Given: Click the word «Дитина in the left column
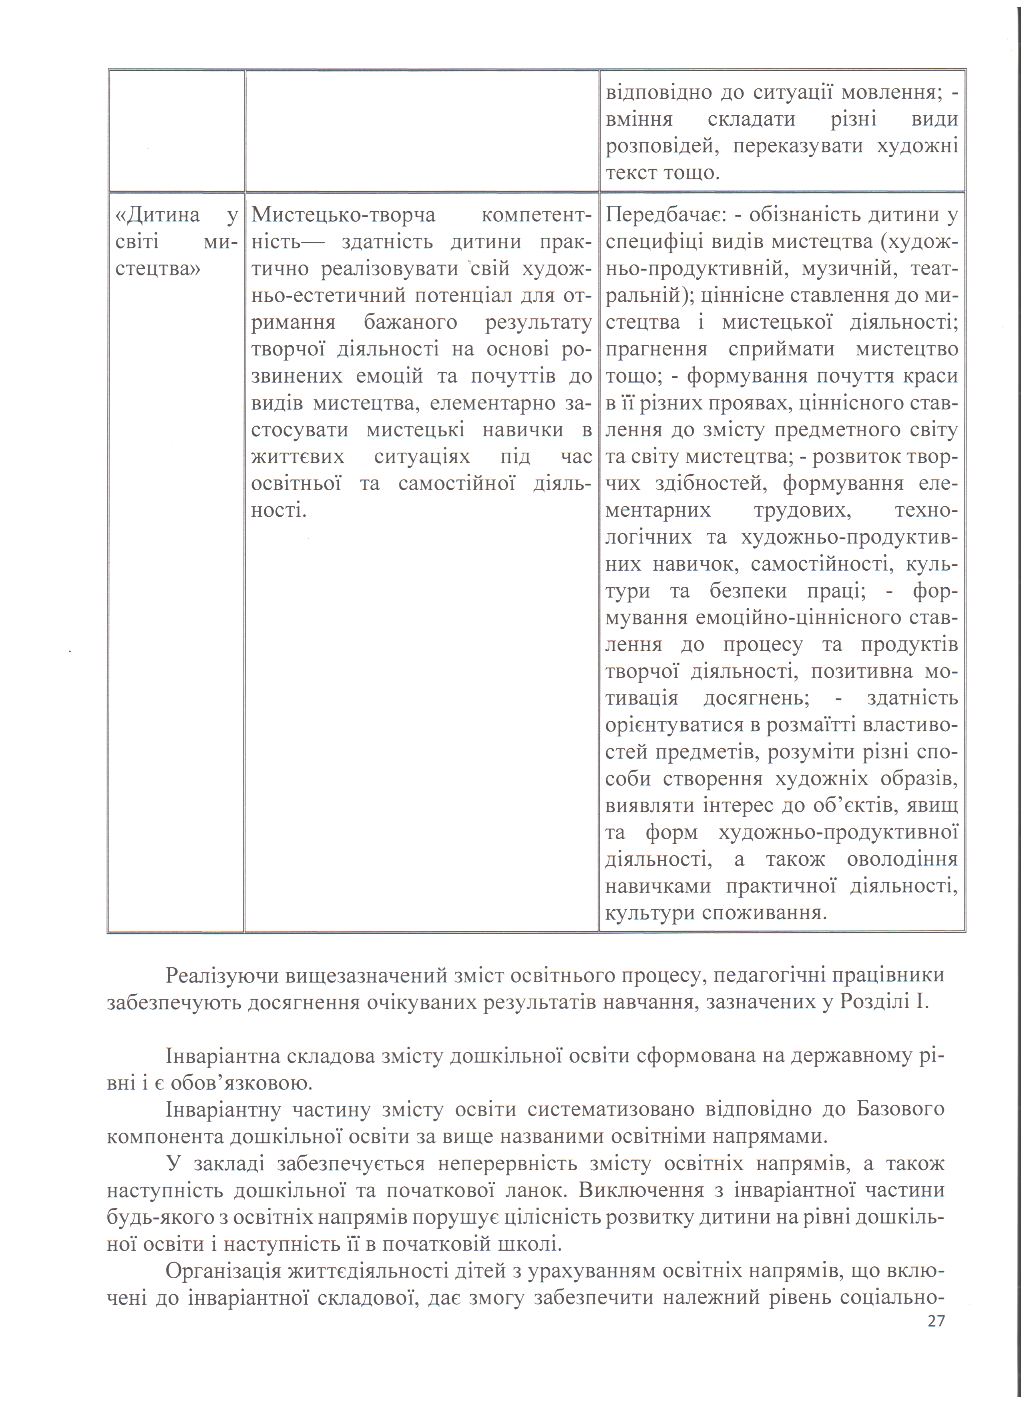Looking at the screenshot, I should tap(157, 215).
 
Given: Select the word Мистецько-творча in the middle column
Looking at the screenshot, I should tap(343, 215).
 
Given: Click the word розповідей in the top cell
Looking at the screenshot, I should tap(663, 146).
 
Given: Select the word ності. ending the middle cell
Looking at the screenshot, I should tap(279, 511).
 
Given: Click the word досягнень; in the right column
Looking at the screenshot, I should tap(756, 698).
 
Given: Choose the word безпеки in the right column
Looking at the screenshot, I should tap(749, 591).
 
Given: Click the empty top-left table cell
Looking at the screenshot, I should tap(177, 130).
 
